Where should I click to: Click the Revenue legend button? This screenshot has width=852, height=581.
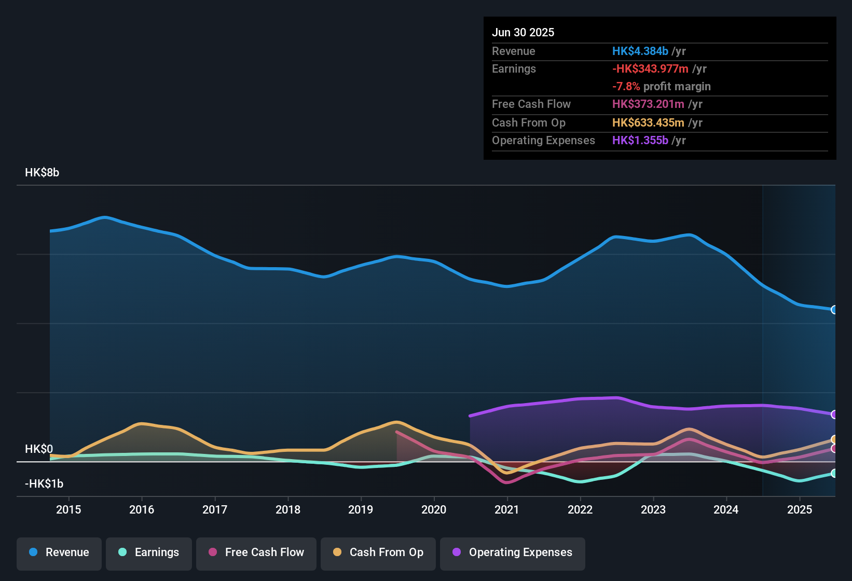pos(59,552)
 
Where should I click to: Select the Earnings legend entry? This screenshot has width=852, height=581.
pos(149,552)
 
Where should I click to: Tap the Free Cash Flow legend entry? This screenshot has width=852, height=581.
pos(256,552)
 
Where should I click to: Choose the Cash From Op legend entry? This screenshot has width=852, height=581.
pos(378,552)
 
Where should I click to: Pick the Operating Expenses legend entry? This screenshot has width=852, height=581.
pos(513,552)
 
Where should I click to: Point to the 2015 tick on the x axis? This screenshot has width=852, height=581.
pos(68,509)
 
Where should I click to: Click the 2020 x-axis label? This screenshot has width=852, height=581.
pos(434,509)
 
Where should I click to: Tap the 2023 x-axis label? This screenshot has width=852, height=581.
pos(653,509)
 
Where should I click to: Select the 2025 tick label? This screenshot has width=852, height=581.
pos(799,509)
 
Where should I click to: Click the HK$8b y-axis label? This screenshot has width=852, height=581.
pos(42,173)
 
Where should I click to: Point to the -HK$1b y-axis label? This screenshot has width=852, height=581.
pos(44,484)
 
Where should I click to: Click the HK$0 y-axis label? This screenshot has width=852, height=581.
pos(39,449)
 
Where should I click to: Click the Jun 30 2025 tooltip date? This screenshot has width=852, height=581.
pos(523,32)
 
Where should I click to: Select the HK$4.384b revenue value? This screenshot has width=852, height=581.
pos(640,51)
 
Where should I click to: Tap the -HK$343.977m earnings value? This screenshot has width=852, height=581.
pos(650,68)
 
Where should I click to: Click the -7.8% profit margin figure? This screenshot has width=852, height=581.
pos(626,87)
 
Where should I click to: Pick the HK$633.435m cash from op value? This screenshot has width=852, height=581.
pos(648,122)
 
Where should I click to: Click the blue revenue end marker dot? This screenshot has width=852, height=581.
pos(834,310)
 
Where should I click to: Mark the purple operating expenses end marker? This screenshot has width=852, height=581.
pos(834,414)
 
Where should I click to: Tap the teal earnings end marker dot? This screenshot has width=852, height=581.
pos(834,473)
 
